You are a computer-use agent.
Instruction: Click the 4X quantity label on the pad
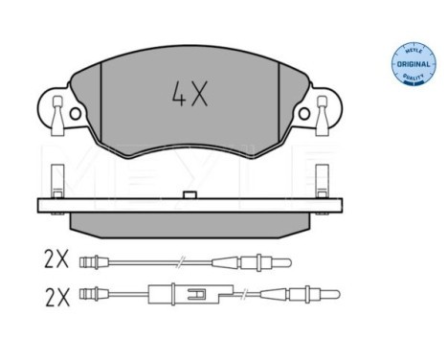[190, 93]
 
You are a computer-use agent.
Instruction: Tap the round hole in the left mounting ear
[76, 114]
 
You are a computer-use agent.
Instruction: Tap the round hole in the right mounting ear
[303, 114]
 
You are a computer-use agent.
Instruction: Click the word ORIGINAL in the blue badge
[413, 64]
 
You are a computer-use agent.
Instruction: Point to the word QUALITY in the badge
[413, 77]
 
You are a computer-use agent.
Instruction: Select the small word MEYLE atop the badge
[413, 51]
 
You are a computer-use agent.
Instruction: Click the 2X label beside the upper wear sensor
[56, 259]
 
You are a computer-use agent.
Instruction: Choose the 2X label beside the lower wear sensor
[57, 298]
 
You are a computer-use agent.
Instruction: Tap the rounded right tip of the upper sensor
[289, 262]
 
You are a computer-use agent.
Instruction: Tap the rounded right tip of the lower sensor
[337, 294]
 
